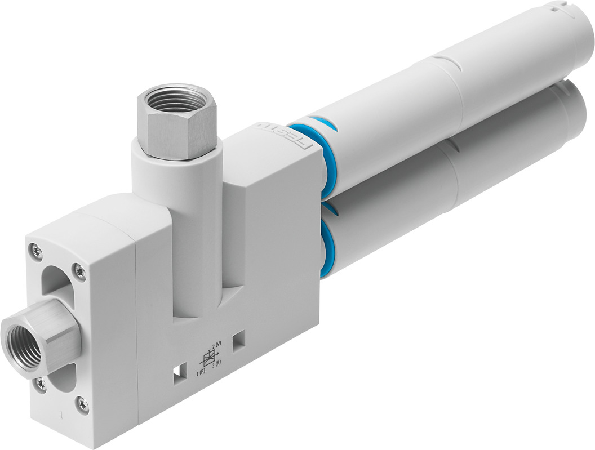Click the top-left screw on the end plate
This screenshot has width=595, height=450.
37,251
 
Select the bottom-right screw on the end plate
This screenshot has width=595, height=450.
83,403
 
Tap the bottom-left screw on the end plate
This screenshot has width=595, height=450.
41,385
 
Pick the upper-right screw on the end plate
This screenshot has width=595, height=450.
80,272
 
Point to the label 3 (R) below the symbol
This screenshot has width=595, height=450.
216,367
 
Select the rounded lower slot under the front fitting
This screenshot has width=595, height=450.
62,377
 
